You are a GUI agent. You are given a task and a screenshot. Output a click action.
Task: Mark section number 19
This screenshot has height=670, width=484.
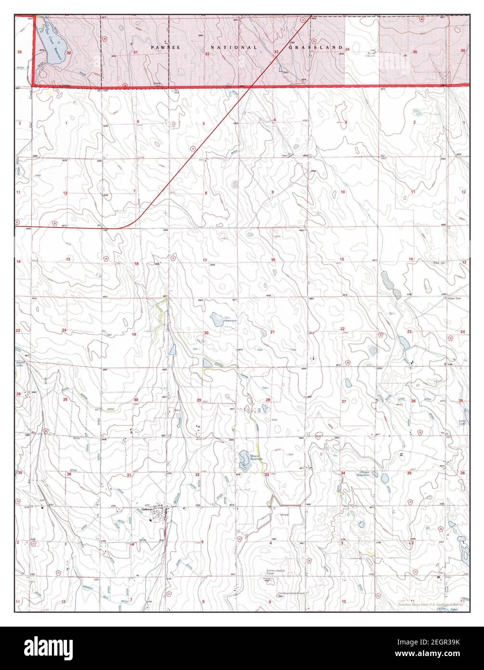click(134, 334)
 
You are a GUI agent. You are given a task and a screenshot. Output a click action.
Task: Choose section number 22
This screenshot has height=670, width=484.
click(342, 329)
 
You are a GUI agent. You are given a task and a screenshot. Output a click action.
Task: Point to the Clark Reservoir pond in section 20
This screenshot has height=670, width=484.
click(215, 318)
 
